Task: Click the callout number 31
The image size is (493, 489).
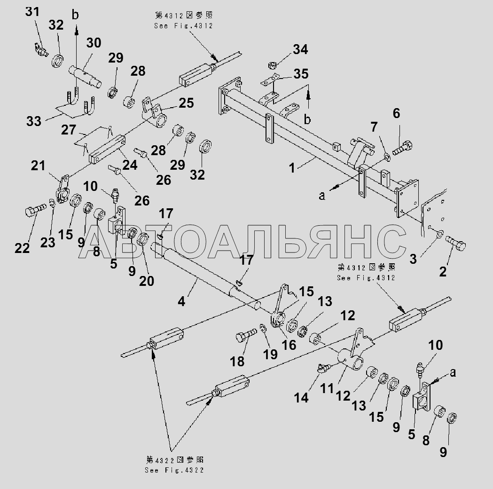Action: (33, 12)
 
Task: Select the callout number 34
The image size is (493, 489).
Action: (300, 49)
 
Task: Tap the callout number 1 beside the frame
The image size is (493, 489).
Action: (292, 167)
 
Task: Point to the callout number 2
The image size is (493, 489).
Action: (443, 271)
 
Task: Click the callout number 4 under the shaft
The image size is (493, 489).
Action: (181, 301)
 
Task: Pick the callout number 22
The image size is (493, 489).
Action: (22, 248)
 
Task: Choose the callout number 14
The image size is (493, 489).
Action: (301, 397)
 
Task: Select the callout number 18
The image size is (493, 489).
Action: (237, 361)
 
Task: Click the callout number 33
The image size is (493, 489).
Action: (34, 121)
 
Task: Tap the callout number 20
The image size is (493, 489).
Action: (147, 281)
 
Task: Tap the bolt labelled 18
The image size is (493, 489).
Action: (244, 335)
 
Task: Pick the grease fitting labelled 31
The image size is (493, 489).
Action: (41, 49)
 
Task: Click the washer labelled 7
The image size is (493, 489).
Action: (386, 155)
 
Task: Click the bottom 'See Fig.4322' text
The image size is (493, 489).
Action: (174, 471)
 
